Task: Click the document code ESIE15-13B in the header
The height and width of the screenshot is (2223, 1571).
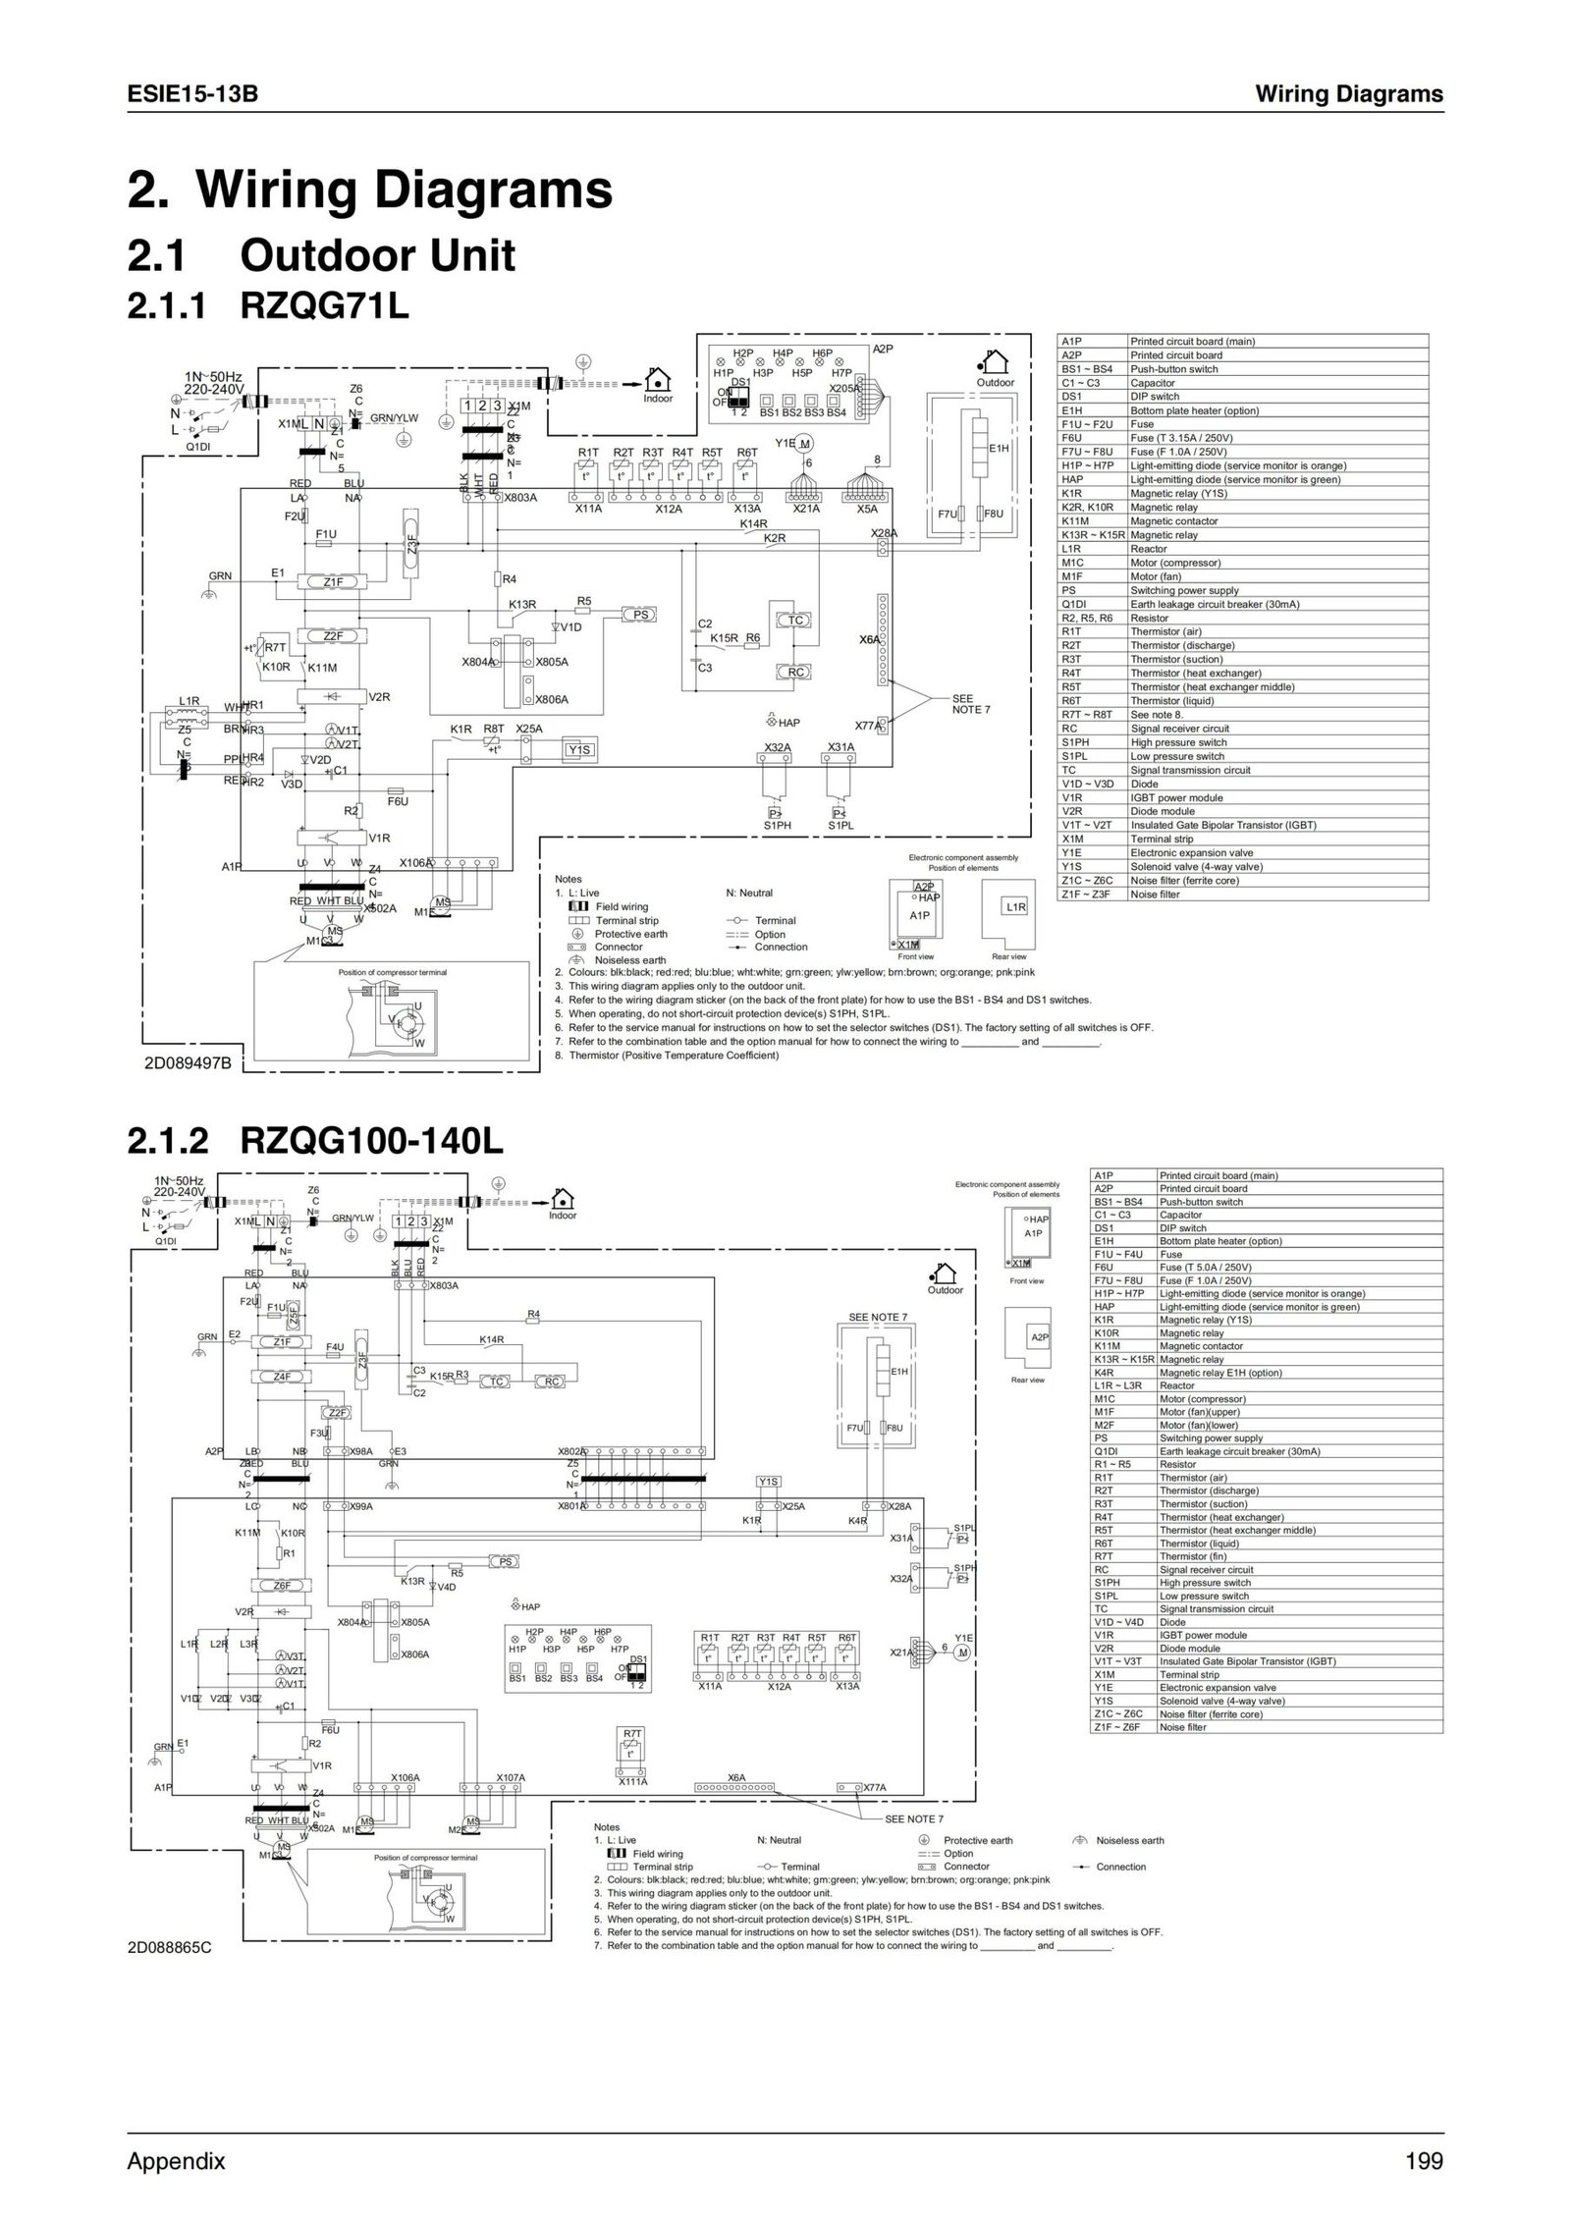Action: pos(192,94)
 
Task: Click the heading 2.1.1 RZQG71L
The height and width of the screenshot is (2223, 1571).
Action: pos(267,306)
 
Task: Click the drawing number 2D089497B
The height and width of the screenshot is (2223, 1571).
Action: pos(187,1061)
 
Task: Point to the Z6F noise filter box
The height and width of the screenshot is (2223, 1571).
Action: pos(281,1585)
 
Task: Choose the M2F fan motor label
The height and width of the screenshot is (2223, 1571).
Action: pos(456,1830)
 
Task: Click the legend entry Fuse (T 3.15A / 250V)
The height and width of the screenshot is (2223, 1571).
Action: pos(1181,438)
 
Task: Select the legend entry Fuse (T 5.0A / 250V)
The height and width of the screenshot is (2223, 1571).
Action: pos(1205,1268)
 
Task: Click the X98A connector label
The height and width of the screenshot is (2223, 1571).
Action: pos(361,1450)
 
